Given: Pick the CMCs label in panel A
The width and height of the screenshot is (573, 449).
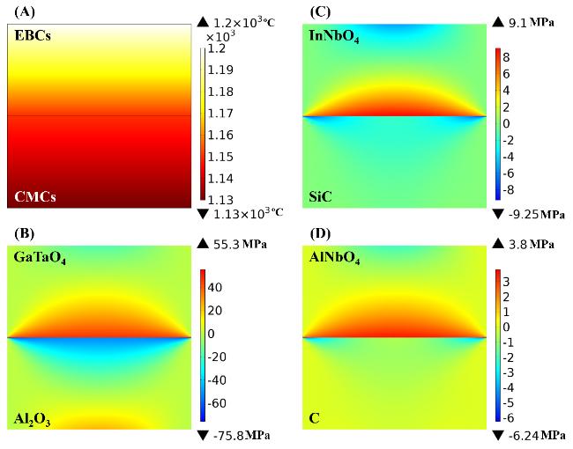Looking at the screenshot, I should tap(33, 196).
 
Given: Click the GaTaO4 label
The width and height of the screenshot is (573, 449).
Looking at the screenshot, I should tap(41, 259).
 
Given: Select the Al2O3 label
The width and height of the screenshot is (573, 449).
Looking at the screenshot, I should tap(33, 420).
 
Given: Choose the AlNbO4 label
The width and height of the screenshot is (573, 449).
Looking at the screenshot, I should tap(335, 259).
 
